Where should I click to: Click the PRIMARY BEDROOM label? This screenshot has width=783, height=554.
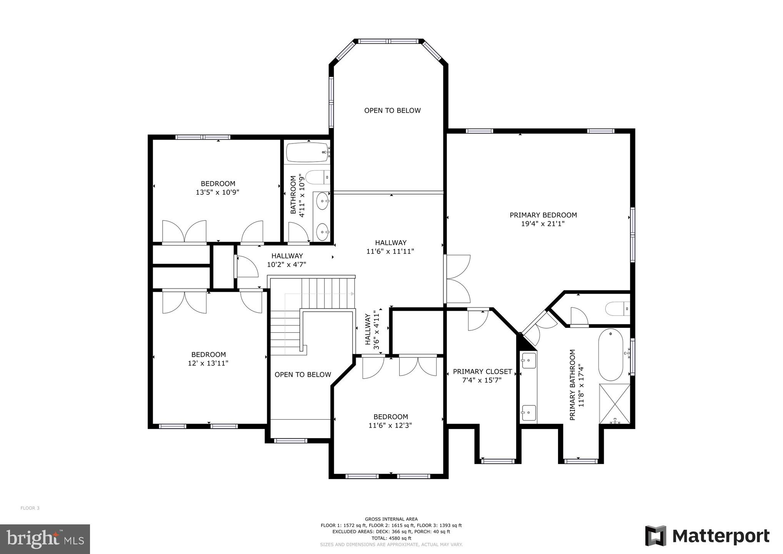tap(543, 215)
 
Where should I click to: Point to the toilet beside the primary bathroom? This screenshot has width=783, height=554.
tap(617, 309)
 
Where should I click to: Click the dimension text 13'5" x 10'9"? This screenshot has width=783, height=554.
tap(217, 192)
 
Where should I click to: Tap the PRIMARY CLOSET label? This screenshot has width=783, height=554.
tap(482, 372)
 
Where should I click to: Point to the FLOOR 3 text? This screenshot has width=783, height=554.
tap(30, 508)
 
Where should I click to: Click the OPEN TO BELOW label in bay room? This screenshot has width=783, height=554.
tap(392, 111)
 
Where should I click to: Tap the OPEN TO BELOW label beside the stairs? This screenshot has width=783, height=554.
tap(303, 375)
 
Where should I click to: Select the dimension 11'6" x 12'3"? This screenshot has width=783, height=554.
tap(390, 426)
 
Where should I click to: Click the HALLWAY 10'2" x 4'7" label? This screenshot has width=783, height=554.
tap(287, 260)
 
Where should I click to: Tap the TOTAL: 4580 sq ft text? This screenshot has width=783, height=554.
tap(391, 538)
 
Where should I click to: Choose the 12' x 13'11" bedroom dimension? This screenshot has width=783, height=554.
tap(208, 363)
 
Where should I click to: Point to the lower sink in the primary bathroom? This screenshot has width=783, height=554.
tap(529, 412)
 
